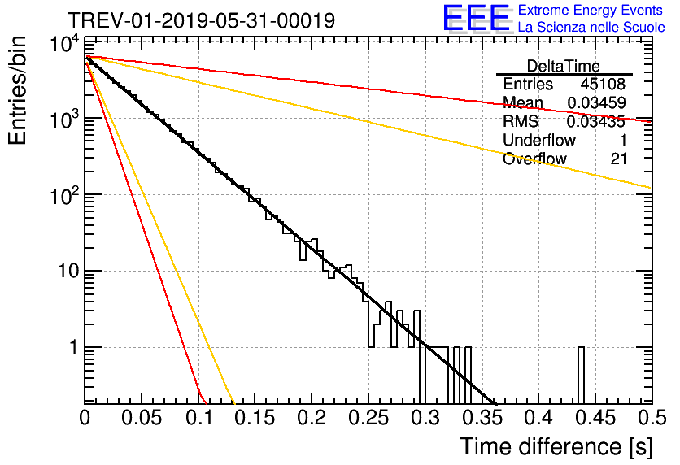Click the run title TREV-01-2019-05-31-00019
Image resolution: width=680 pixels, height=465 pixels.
pyautogui.click(x=201, y=20)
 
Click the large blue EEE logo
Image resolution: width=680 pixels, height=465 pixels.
pyautogui.click(x=476, y=19)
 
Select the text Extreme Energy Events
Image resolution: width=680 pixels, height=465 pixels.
pyautogui.click(x=591, y=11)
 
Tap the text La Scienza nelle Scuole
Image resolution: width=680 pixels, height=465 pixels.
pyautogui.click(x=591, y=28)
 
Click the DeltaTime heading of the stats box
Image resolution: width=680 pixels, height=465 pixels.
pyautogui.click(x=564, y=66)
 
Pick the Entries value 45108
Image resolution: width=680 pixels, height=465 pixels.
pyautogui.click(x=603, y=85)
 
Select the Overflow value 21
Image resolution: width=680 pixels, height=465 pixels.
pyautogui.click(x=618, y=159)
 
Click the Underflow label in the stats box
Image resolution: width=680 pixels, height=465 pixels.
pyautogui.click(x=539, y=141)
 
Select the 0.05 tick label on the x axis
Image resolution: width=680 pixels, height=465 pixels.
pyautogui.click(x=142, y=418)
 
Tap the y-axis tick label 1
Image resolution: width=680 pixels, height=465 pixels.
pyautogui.click(x=71, y=348)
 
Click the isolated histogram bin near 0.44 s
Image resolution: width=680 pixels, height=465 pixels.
pyautogui.click(x=582, y=375)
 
